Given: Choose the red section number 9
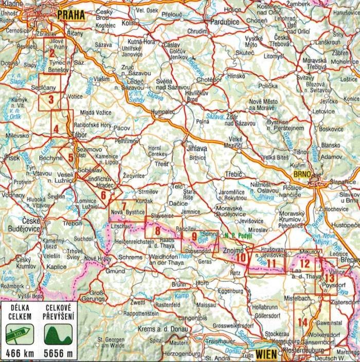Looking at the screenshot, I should click(x=194, y=237).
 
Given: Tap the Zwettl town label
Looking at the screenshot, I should click(x=138, y=302).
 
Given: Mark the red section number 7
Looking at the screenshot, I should click(x=124, y=207).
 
